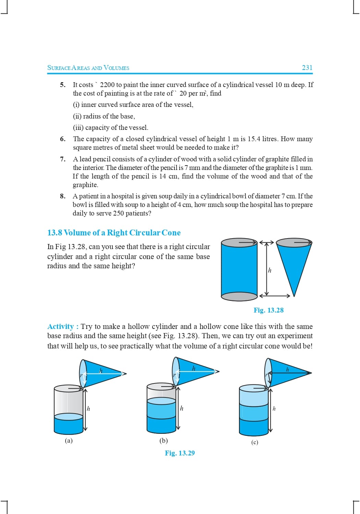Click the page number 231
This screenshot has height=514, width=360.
[x=307, y=68]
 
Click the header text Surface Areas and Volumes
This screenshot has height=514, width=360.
[x=88, y=68]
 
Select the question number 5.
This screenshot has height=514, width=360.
[x=62, y=85]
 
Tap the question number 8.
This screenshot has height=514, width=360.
[x=62, y=196]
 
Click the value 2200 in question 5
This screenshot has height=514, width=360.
[x=107, y=85]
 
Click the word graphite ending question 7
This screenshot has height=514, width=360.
[x=85, y=185]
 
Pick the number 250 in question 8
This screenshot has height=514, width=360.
[x=119, y=213]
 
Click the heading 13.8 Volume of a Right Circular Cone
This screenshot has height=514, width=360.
[x=114, y=233]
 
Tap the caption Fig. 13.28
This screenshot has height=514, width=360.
[x=268, y=310]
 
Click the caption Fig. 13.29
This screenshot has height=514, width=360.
[x=180, y=453]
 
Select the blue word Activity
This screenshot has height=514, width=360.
[x=61, y=326]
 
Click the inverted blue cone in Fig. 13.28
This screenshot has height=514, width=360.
[x=294, y=264]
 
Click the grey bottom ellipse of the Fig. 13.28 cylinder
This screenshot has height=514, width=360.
[x=239, y=296]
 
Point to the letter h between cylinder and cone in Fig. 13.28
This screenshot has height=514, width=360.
[x=269, y=270]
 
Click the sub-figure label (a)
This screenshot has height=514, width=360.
[x=69, y=441]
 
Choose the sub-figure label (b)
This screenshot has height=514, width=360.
[x=164, y=441]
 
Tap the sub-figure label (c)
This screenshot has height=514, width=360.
[x=254, y=442]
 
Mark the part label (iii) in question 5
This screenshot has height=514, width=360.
[x=78, y=127]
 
